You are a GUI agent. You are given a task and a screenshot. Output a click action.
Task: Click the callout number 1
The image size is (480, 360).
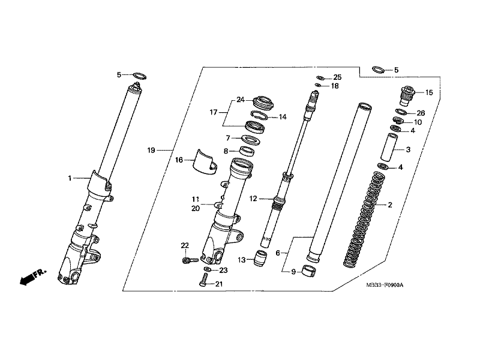pos(70,178)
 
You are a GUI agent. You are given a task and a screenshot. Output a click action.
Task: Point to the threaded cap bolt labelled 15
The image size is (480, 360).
pos(407,94)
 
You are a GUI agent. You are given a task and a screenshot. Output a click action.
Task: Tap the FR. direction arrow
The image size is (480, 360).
pos(31,277)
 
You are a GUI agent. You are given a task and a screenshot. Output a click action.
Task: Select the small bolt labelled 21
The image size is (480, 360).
pos(205,281)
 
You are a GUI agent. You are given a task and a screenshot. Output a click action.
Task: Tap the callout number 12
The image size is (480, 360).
pos(253,198)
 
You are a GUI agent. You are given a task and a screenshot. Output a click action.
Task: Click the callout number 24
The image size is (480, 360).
pos(241,99)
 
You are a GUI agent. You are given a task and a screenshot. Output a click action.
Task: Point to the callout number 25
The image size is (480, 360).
pos(337,77)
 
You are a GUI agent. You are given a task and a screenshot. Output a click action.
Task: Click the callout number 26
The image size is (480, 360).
pos(421,113)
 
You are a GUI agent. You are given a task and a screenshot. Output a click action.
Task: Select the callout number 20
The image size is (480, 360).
pos(195,208)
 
